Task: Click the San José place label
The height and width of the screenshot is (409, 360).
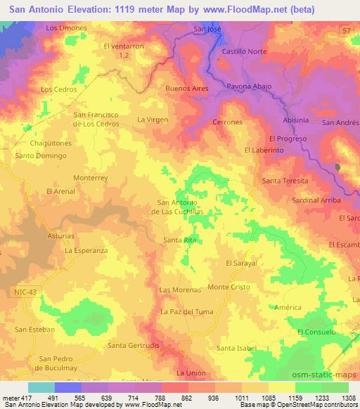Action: coord(207,30)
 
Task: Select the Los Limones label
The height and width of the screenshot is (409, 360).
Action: coord(66,27)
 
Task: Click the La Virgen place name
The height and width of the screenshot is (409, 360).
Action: coord(153,119)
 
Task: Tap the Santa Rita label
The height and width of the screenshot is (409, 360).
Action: coord(179,240)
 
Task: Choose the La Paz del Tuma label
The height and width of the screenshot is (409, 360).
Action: coord(186,311)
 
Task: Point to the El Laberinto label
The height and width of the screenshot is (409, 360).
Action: coord(264,150)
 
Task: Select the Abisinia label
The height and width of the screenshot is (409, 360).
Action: coord(295,120)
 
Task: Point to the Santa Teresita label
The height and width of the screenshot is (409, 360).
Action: coord(285,181)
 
